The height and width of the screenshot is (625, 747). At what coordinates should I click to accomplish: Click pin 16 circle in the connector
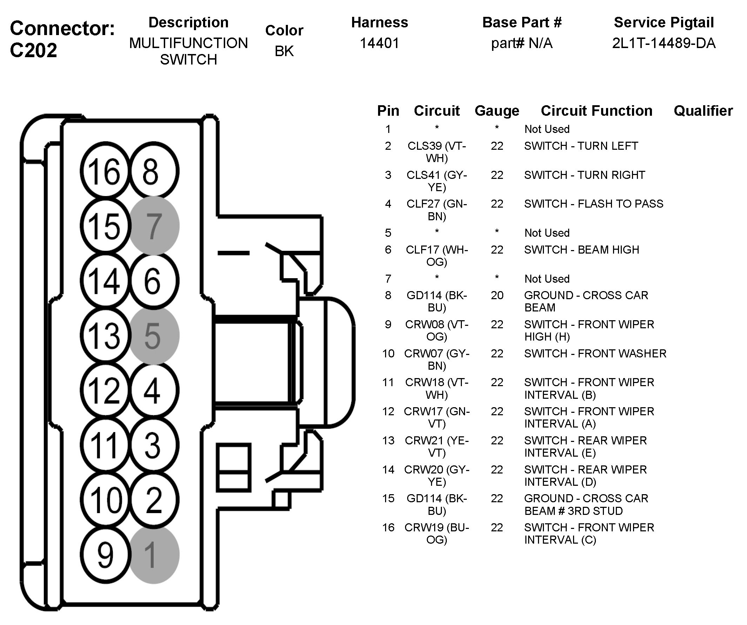click(104, 171)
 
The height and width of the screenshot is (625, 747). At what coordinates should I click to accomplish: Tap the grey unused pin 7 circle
click(154, 226)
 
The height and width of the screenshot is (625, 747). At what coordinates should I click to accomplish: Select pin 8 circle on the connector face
click(154, 171)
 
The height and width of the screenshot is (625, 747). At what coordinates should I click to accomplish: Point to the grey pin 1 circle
click(154, 555)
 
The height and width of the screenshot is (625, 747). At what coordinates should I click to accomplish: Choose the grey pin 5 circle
click(154, 335)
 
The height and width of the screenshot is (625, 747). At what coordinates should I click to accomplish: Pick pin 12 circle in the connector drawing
click(104, 390)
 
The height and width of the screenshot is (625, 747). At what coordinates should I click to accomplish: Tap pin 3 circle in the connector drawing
click(154, 445)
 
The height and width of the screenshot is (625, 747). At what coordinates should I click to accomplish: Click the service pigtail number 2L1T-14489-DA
click(664, 43)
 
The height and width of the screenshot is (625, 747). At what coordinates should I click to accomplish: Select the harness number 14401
click(379, 43)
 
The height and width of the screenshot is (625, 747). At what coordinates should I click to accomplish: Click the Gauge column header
click(497, 111)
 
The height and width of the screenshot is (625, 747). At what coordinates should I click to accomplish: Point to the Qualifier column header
click(703, 111)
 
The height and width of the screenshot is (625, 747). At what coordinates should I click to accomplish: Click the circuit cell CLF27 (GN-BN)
click(437, 210)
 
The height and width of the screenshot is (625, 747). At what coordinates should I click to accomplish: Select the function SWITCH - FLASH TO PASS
click(593, 204)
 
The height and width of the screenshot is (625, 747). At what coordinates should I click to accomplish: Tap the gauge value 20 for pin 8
click(497, 295)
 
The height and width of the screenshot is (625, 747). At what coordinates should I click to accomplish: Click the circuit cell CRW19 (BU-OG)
click(437, 533)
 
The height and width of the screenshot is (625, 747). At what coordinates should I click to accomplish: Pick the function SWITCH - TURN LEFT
click(581, 146)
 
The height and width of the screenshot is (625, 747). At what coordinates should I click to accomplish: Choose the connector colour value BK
click(284, 51)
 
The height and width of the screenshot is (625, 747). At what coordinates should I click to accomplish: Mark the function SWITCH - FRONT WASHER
click(595, 354)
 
